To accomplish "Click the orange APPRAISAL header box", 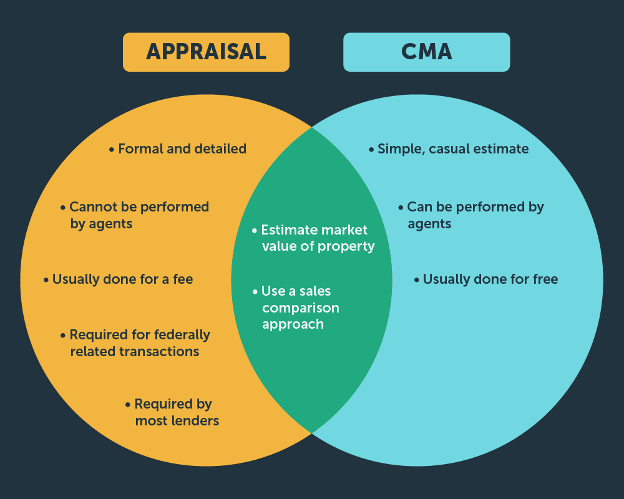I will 206,52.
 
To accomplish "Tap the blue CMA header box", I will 426,52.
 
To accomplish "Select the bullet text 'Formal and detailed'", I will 182,149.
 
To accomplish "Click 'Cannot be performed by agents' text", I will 139,215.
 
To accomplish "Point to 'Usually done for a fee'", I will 122,279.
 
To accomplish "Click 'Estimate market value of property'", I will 318,238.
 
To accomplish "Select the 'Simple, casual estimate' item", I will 452,149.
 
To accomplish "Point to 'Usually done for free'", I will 490,279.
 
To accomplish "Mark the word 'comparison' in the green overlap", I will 301,308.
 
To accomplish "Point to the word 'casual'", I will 453,149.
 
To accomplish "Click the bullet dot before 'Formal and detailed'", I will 112,150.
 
